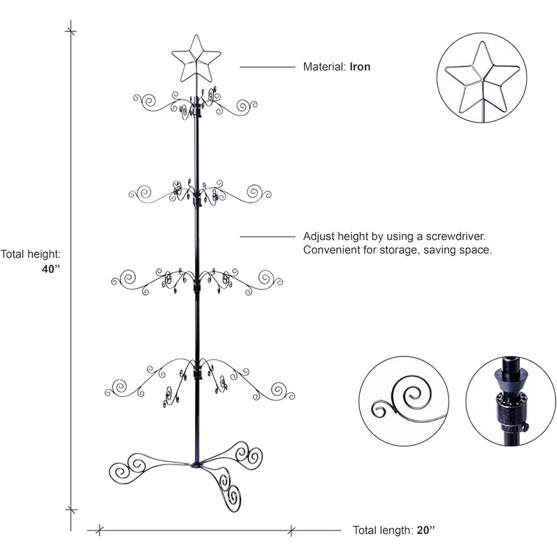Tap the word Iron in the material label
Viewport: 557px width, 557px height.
click(360, 67)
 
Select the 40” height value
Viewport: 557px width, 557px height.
click(51, 269)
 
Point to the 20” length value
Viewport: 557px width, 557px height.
click(426, 531)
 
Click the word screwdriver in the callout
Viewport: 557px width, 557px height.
click(456, 236)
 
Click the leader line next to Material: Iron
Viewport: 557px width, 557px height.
click(267, 67)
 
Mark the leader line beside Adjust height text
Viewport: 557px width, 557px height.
click(267, 236)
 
